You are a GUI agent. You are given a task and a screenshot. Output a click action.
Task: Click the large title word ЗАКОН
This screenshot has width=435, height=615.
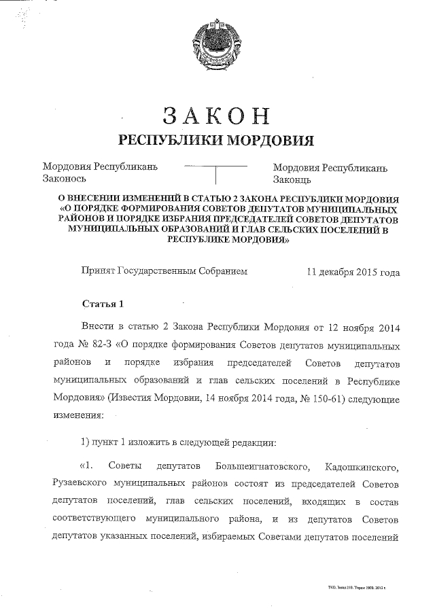[x=216, y=116]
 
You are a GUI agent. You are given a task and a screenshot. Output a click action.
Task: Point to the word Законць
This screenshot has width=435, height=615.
[x=292, y=179]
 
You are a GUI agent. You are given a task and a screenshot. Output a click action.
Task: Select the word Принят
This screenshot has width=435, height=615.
[x=98, y=271]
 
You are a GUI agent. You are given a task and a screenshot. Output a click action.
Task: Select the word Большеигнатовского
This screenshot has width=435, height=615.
[x=262, y=467]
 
